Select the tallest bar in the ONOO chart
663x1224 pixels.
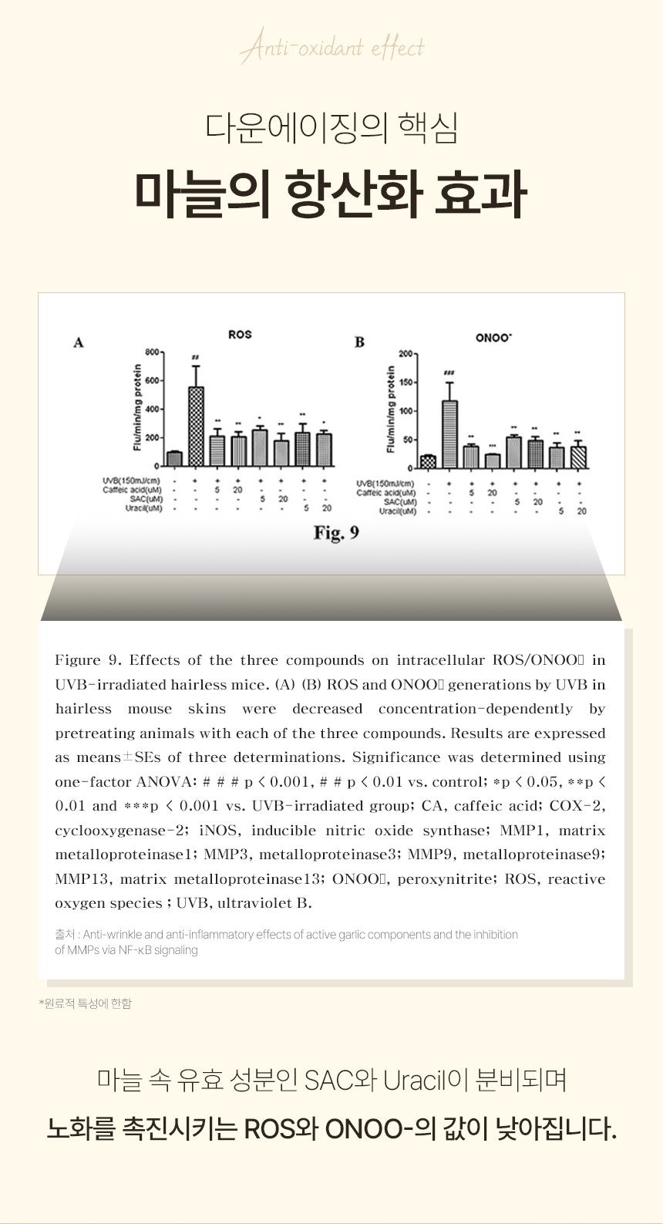(x=449, y=433)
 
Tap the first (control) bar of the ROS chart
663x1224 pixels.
(x=174, y=459)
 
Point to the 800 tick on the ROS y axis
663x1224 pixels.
(x=151, y=352)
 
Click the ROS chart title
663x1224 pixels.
(x=240, y=335)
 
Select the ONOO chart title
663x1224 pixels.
(x=493, y=338)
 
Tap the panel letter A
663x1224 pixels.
(x=78, y=342)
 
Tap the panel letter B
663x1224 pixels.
(x=359, y=342)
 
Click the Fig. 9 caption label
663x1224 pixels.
(x=336, y=533)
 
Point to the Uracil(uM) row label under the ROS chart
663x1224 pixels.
(x=144, y=508)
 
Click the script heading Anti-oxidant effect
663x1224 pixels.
(x=331, y=49)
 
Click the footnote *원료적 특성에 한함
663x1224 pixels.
(x=86, y=1003)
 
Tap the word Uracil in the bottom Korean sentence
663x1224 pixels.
(x=414, y=1080)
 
